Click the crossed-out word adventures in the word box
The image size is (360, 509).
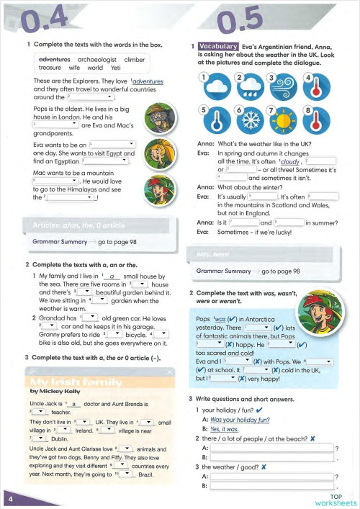click(x=55, y=58)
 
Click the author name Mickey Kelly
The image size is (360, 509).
click(x=55, y=390)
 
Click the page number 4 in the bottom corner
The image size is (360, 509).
click(x=9, y=498)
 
